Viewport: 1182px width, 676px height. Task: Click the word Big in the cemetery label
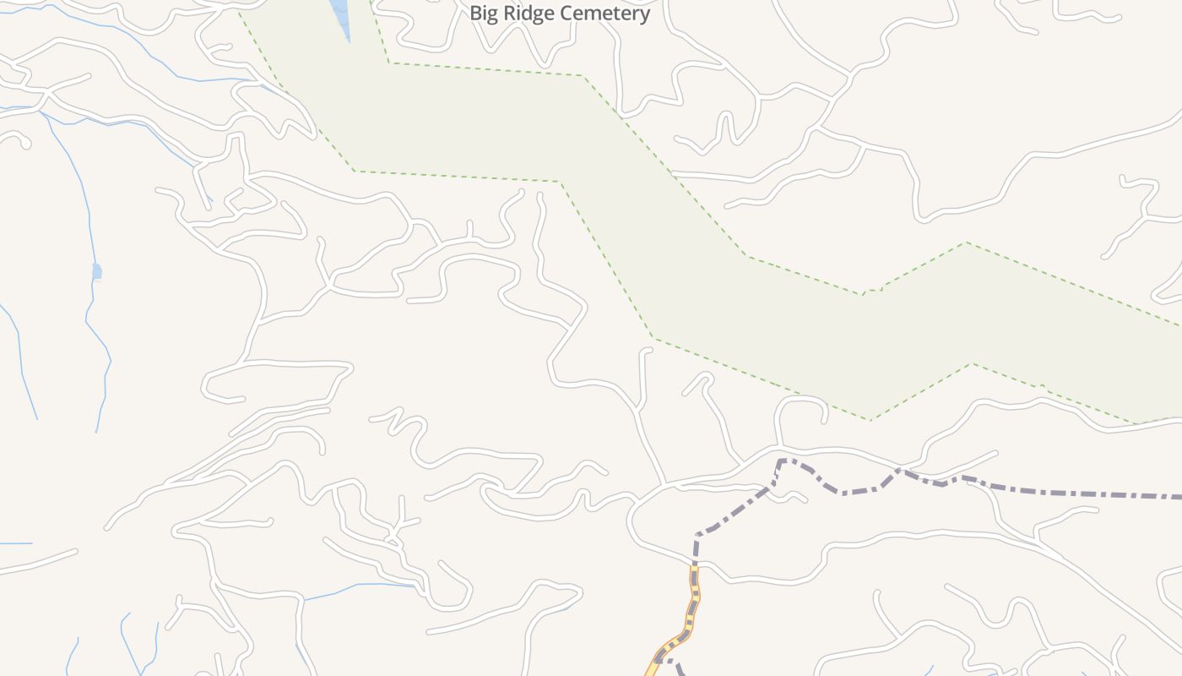click(x=485, y=14)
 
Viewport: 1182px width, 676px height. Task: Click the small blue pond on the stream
click(x=96, y=271)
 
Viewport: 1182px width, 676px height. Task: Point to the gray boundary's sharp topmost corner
click(x=781, y=461)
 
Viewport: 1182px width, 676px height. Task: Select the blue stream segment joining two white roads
click(x=359, y=586)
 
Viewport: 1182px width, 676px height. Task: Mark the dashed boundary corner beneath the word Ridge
click(x=582, y=76)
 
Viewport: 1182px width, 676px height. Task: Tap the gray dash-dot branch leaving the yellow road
click(x=675, y=664)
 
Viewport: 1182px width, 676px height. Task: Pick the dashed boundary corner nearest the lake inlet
click(x=388, y=63)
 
